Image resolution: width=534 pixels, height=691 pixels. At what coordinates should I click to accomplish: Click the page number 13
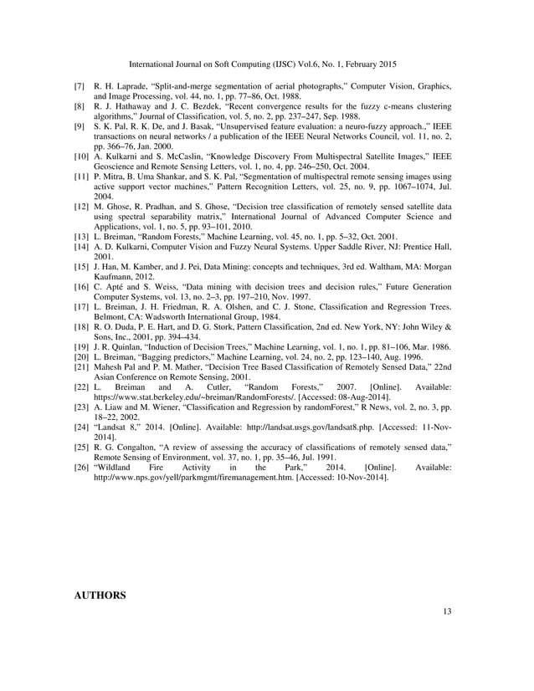(x=448, y=612)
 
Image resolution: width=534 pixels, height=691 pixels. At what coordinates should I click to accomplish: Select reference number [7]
(x=80, y=87)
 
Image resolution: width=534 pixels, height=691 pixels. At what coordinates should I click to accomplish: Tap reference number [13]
(x=81, y=238)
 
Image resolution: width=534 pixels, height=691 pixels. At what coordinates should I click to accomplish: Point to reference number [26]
(x=81, y=468)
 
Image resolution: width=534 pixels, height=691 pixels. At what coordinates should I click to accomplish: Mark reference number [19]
(x=81, y=368)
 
